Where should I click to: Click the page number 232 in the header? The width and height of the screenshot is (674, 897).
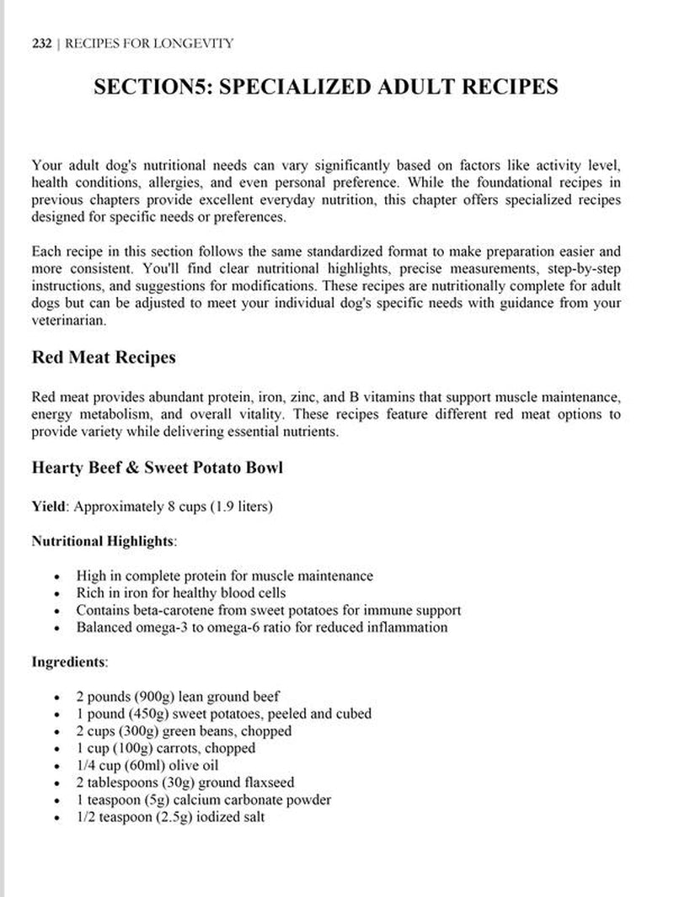(x=41, y=43)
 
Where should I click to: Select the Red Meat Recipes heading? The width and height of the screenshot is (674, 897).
(x=104, y=357)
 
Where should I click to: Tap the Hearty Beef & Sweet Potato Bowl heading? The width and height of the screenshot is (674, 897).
(x=157, y=467)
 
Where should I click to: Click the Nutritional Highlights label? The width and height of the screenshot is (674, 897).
(x=103, y=541)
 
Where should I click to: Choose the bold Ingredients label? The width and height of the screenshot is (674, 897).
(x=69, y=661)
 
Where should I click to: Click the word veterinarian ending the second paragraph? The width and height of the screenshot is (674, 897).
(x=67, y=321)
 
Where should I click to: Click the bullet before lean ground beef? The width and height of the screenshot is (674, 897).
(x=56, y=698)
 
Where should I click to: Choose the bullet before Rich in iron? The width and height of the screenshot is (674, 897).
(x=56, y=593)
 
